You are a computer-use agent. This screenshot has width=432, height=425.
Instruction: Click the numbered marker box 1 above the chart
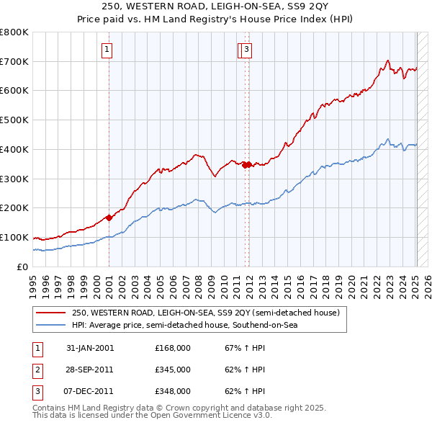107,50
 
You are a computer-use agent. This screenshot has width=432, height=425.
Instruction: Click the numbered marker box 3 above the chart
246,50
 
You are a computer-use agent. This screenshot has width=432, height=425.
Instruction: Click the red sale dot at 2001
109,217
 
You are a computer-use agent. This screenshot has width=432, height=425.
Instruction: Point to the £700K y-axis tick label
14,62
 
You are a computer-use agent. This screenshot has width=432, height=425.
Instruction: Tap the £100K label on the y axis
14,237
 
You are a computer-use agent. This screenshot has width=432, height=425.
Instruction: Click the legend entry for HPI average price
184,325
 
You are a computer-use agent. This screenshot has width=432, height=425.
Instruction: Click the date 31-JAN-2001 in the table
90,348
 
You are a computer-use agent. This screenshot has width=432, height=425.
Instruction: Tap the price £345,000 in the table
173,370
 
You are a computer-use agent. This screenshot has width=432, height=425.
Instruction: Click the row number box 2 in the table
36,370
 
